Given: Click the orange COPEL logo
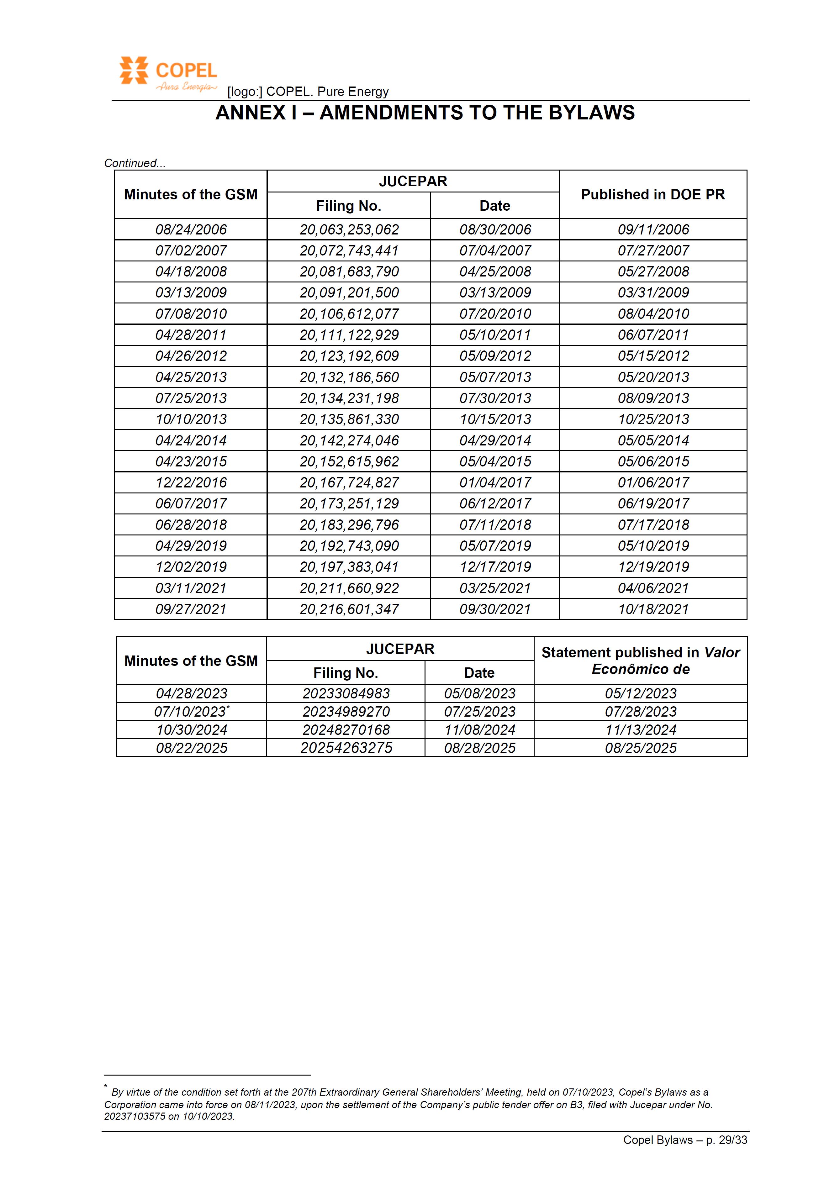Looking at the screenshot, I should pyautogui.click(x=167, y=73).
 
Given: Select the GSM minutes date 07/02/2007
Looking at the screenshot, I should pyautogui.click(x=191, y=251).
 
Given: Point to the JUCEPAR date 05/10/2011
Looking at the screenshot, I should pyautogui.click(x=495, y=335).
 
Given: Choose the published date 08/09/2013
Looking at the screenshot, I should pyautogui.click(x=653, y=398).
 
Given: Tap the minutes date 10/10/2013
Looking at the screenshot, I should pyautogui.click(x=191, y=419).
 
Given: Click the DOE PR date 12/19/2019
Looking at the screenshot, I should pyautogui.click(x=653, y=567).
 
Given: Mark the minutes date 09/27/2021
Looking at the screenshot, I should pyautogui.click(x=191, y=609).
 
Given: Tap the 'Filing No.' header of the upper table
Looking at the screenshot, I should pyautogui.click(x=349, y=206).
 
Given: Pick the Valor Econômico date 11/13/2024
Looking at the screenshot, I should pyautogui.click(x=641, y=730).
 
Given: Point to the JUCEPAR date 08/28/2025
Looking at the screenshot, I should pyautogui.click(x=479, y=748).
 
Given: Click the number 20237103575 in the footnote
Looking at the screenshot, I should pyautogui.click(x=135, y=1116).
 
